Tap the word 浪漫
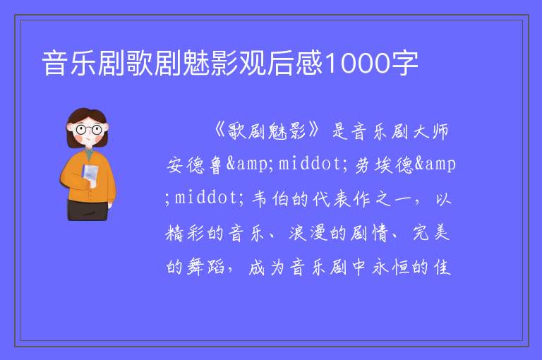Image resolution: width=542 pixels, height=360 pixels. coord(308,233)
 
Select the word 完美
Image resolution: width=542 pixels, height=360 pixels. coord(431,233)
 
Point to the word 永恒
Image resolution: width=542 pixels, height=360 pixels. coord(391,267)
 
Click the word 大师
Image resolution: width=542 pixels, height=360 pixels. coord(431,131)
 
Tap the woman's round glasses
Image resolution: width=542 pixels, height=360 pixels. coord(89,130)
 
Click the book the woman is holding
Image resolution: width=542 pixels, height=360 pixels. coord(90,174)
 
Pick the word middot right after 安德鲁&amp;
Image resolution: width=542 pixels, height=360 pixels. coord(309,164)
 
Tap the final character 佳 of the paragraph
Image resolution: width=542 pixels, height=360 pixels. coord(442,267)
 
